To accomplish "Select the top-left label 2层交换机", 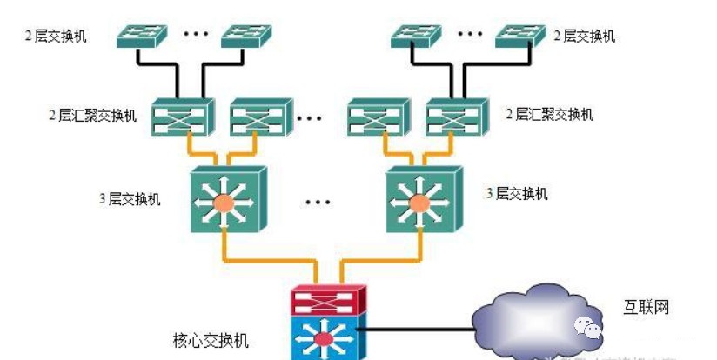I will (x=57, y=36).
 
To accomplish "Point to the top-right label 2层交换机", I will (x=585, y=36).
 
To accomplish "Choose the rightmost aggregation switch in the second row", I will (x=455, y=117).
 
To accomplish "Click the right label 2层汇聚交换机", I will (x=551, y=114).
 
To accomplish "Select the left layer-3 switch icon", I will (x=224, y=199).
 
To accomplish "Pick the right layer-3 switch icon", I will (x=420, y=199).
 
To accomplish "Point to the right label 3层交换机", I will (x=517, y=194).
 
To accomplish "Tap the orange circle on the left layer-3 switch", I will (x=224, y=203).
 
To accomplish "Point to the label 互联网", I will (x=646, y=307).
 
